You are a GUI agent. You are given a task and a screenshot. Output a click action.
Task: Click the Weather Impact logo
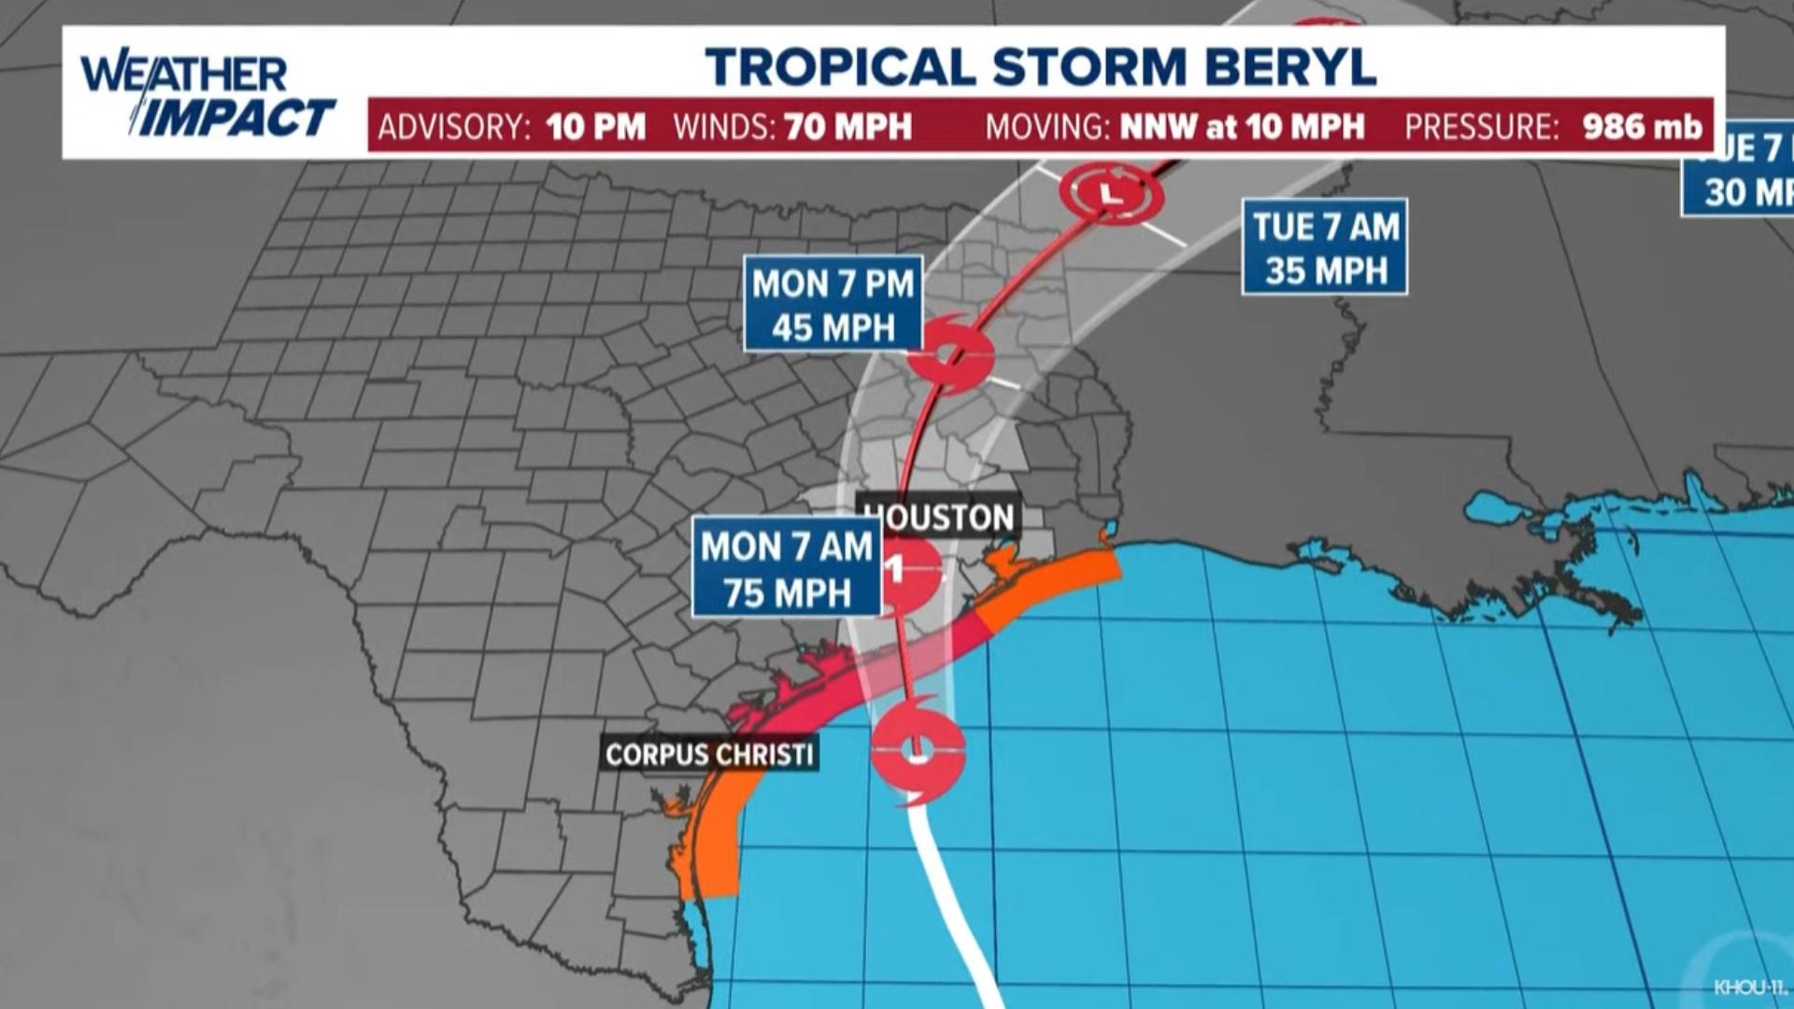point(206,95)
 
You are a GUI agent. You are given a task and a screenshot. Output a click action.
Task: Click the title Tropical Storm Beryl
point(1040,66)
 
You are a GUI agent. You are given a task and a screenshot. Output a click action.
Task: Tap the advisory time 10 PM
point(596,127)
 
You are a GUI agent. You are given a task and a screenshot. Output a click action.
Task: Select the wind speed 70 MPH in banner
point(847,127)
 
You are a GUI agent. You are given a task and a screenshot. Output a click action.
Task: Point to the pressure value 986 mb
point(1642,127)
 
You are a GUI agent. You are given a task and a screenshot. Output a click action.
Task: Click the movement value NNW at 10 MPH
point(1242,127)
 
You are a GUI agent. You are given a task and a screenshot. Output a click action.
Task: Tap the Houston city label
point(940,517)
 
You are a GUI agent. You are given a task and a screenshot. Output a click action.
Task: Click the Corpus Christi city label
point(709,754)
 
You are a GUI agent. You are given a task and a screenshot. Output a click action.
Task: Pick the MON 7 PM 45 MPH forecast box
point(833,305)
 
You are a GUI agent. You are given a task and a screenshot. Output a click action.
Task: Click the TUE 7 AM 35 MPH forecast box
point(1325,247)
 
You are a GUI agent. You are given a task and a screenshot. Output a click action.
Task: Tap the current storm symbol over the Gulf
point(918,749)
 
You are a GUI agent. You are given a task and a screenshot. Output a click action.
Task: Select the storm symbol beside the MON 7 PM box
point(950,355)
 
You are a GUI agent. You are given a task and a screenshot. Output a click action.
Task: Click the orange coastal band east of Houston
point(1056,579)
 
